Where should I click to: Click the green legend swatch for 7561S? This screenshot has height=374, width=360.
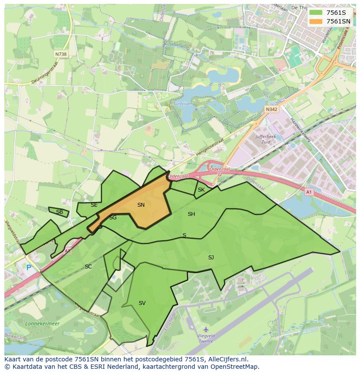pos(316,13)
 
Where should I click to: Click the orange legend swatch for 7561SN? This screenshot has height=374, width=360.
pos(316,21)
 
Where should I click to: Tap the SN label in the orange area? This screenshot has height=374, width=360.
pos(141,205)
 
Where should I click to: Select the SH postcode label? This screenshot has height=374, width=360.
pos(191,214)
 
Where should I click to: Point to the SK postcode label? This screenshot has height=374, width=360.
pos(201,190)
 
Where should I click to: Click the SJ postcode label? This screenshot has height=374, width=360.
pos(211,258)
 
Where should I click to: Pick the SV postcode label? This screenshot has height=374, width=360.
pos(142,303)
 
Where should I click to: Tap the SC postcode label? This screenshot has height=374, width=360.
pos(88,267)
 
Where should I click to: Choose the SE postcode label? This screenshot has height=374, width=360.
pos(94,205)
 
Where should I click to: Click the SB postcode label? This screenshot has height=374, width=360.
pos(60,212)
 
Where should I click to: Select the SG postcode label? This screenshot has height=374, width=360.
pos(113,218)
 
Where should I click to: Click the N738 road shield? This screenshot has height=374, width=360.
pos(61,54)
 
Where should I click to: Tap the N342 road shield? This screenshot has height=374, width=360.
pos(271,110)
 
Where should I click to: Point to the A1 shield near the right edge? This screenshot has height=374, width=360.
pos(309,192)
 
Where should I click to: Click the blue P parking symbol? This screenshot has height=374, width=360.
pos(29,268)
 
